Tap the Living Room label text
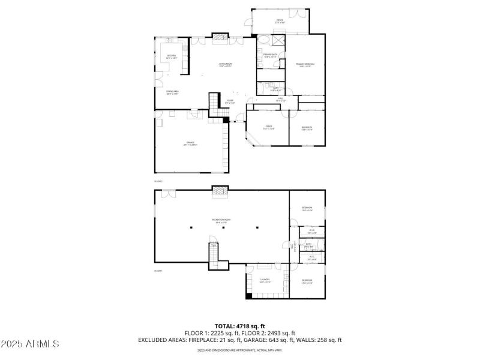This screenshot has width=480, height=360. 226,64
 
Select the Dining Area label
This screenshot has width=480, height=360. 173,92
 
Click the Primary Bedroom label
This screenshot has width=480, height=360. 305,65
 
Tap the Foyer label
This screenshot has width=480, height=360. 230,101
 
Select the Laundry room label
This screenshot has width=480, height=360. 265,280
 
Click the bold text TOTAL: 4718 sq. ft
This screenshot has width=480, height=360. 240,326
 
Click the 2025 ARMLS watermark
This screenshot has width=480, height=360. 30,344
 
